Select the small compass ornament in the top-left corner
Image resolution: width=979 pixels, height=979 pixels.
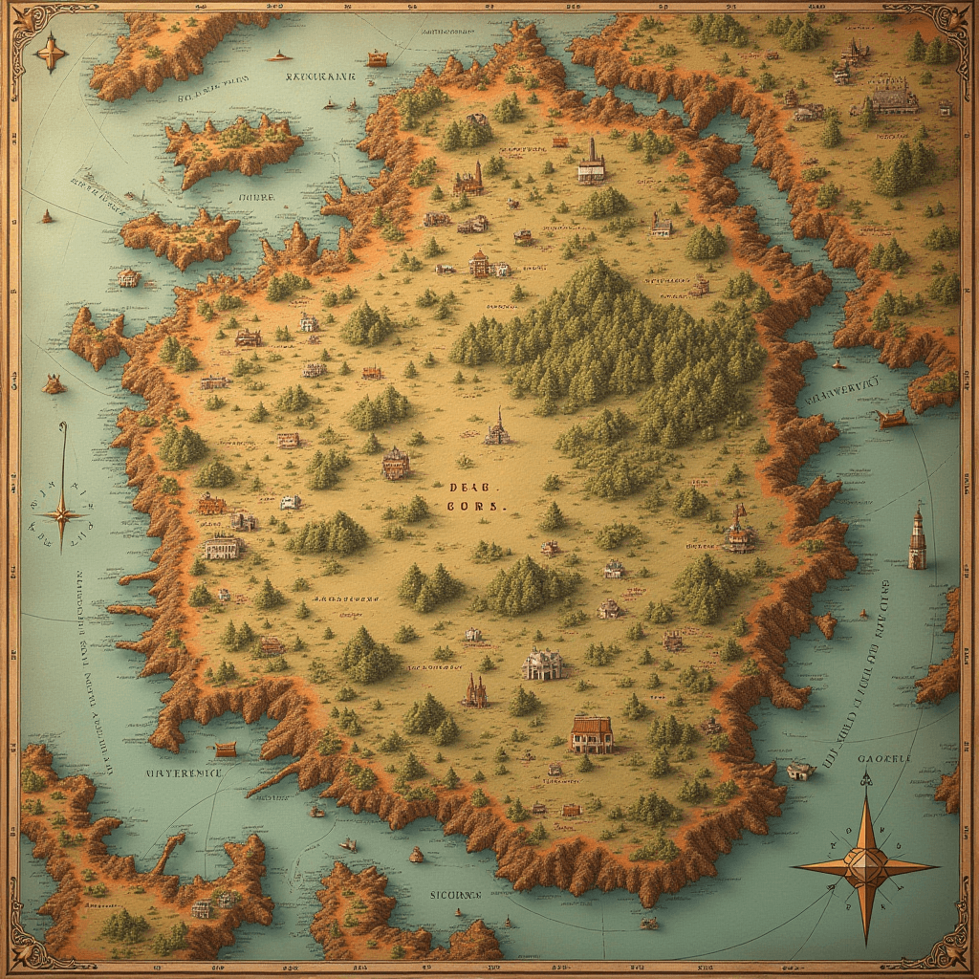(x=50, y=52)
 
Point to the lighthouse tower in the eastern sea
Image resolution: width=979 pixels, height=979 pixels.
(x=917, y=539)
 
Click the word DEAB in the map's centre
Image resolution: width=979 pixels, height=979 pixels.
(x=468, y=487)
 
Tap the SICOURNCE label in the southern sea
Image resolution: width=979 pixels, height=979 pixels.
(x=454, y=896)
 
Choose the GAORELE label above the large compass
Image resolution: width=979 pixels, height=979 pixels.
(x=884, y=759)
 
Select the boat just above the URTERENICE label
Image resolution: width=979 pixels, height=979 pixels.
(x=226, y=749)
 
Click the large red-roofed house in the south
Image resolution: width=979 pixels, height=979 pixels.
(x=591, y=734)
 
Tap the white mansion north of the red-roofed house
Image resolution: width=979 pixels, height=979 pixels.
(x=543, y=664)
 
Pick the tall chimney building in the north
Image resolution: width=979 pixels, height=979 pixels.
(x=591, y=164)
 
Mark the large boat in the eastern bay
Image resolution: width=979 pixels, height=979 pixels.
(x=890, y=418)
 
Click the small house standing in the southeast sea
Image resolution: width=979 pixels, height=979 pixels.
(x=799, y=770)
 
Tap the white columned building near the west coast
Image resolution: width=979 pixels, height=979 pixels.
(x=221, y=547)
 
